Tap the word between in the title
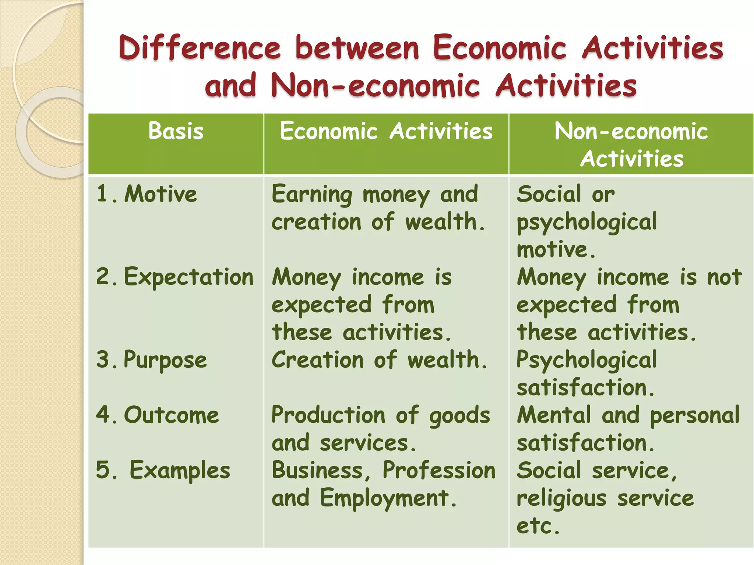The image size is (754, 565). pyautogui.click(x=357, y=48)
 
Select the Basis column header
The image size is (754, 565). pyautogui.click(x=176, y=131)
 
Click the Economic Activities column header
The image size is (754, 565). pyautogui.click(x=386, y=131)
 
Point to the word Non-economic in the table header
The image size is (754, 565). pyautogui.click(x=631, y=131)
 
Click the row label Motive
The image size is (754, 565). pyautogui.click(x=161, y=194)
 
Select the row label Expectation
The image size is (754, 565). pyautogui.click(x=189, y=277)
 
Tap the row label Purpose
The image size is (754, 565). pyautogui.click(x=165, y=360)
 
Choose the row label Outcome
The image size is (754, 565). pyautogui.click(x=172, y=415)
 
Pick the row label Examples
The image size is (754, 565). pyautogui.click(x=180, y=470)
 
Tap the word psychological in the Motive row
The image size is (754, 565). pyautogui.click(x=586, y=222)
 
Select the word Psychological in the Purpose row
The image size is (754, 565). pyautogui.click(x=586, y=360)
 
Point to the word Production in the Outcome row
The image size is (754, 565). pyautogui.click(x=328, y=415)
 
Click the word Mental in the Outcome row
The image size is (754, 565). pyautogui.click(x=554, y=415)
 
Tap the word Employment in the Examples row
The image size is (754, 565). pyautogui.click(x=388, y=498)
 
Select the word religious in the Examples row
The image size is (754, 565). pyautogui.click(x=561, y=498)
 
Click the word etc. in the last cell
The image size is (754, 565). pyautogui.click(x=538, y=526)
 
